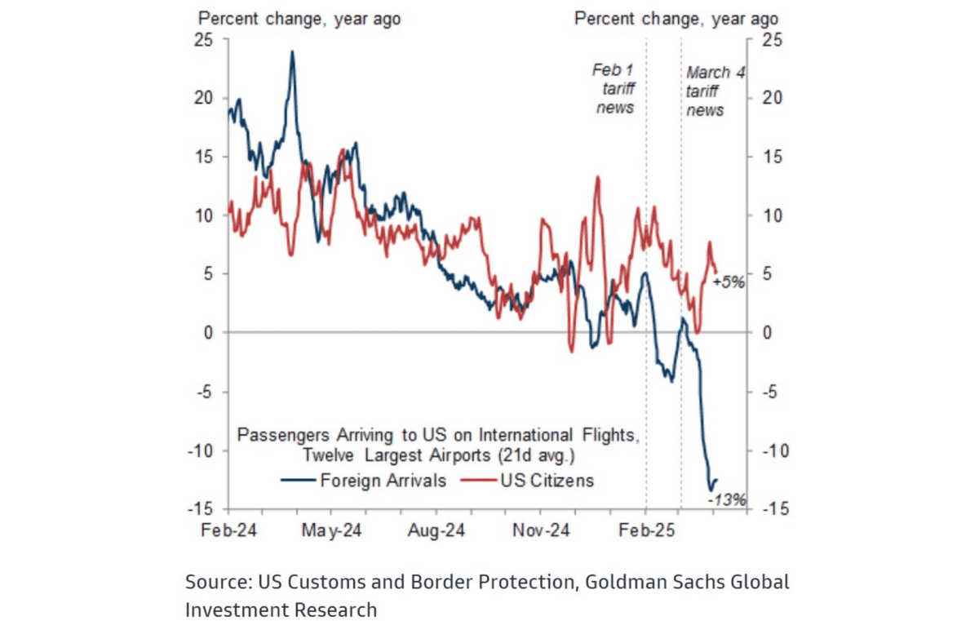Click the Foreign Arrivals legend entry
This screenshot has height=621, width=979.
(x=383, y=480)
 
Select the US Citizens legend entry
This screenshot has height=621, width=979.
(x=548, y=480)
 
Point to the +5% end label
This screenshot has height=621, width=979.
(x=728, y=282)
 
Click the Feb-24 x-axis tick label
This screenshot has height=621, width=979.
(x=230, y=530)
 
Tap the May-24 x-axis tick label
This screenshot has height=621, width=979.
(x=331, y=530)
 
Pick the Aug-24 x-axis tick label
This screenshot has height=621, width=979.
(x=437, y=530)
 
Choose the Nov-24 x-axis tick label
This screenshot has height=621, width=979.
(x=540, y=530)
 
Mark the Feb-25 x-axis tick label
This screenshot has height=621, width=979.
(x=645, y=530)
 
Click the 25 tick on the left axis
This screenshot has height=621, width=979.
(x=204, y=38)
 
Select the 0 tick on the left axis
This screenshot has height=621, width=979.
(x=209, y=333)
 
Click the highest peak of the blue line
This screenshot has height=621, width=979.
(x=291, y=51)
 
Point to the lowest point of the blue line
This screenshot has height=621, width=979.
(x=711, y=490)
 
